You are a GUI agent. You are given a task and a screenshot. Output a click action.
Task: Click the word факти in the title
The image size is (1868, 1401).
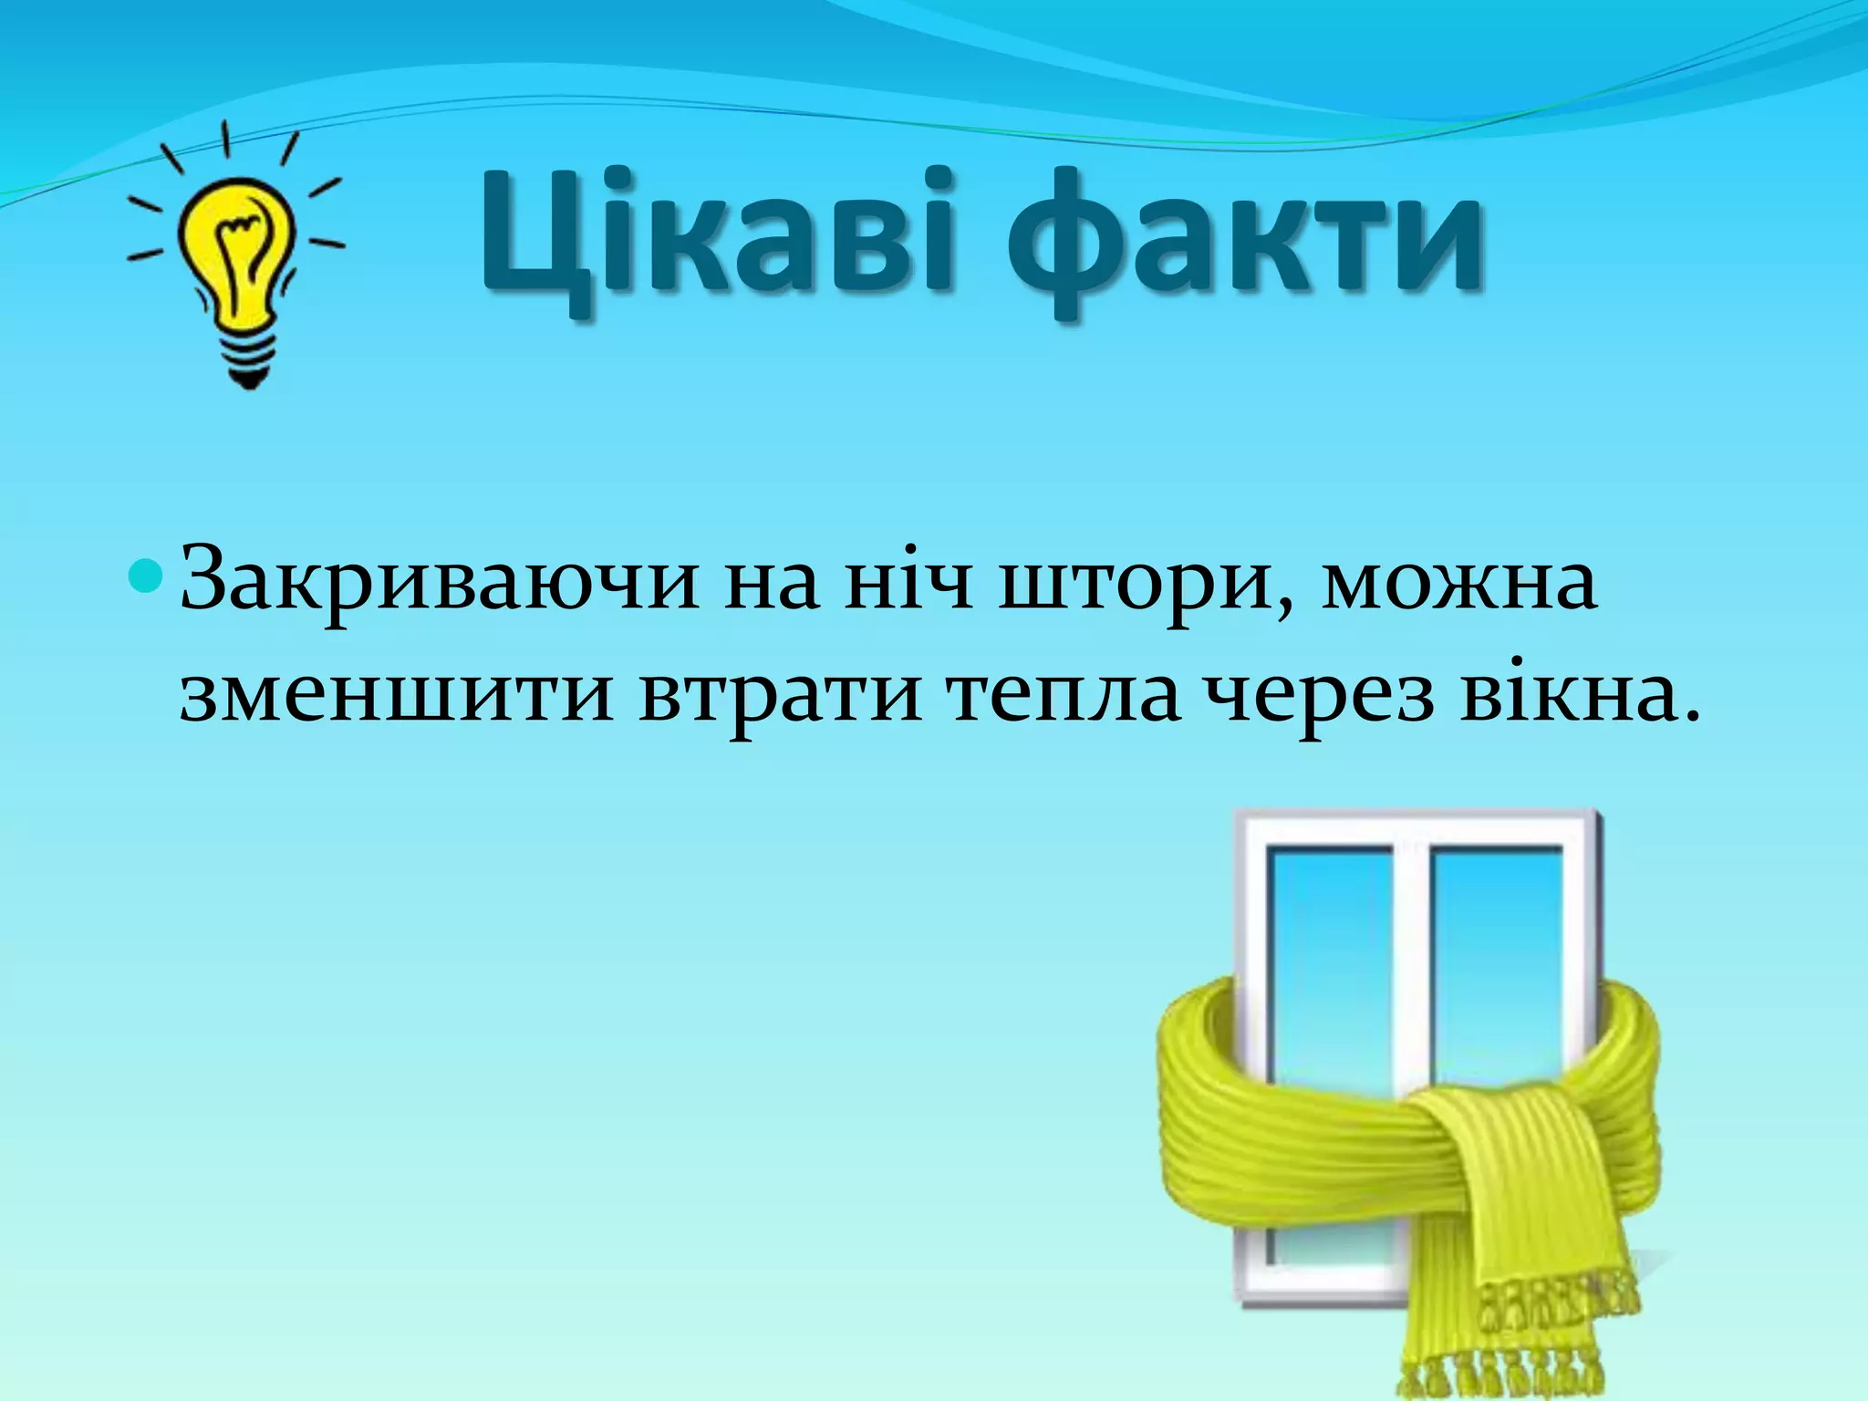tap(1245, 242)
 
